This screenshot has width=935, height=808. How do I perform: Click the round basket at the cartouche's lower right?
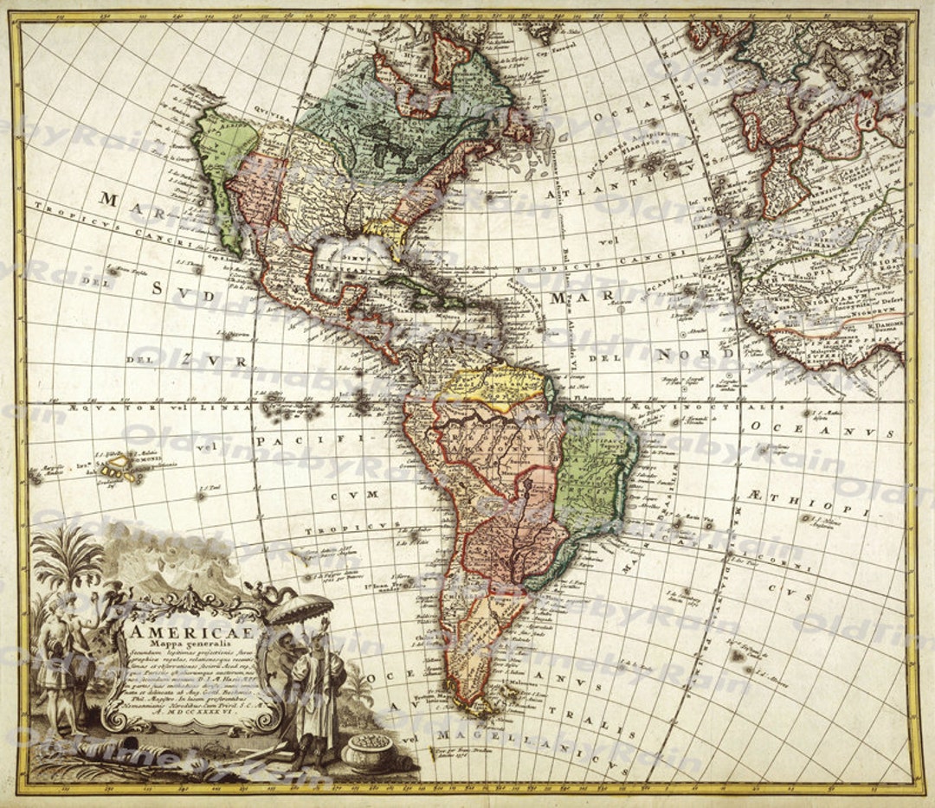367,750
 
